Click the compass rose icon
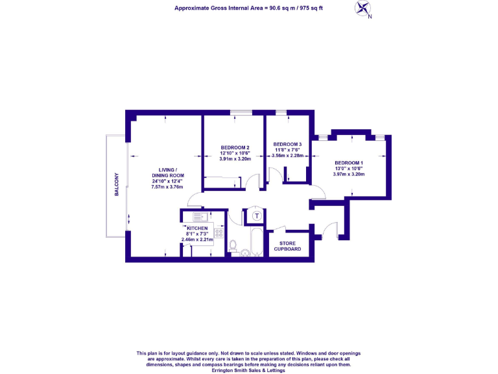[364, 8]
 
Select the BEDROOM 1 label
[349, 162]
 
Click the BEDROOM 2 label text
[234, 147]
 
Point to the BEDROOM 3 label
[287, 144]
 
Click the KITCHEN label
[197, 229]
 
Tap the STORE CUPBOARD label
[286, 246]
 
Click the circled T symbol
[257, 216]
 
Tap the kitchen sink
[198, 217]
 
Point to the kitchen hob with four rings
[219, 232]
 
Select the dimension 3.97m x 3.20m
[349, 174]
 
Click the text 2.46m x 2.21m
[197, 240]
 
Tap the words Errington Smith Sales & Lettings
[248, 369]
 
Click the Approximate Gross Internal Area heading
[248, 8]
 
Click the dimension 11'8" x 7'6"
[287, 150]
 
